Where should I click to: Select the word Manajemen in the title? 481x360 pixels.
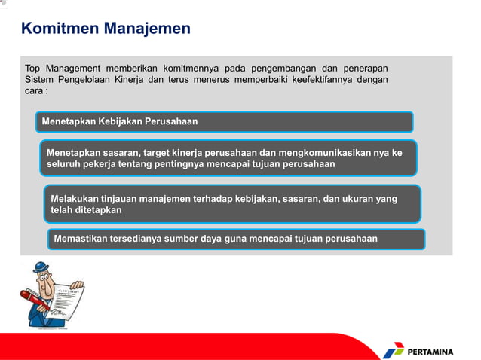pos(147,29)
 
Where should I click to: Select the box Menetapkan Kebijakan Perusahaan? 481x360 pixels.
pos(225,121)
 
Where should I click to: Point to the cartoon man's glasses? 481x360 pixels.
pos(44,280)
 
